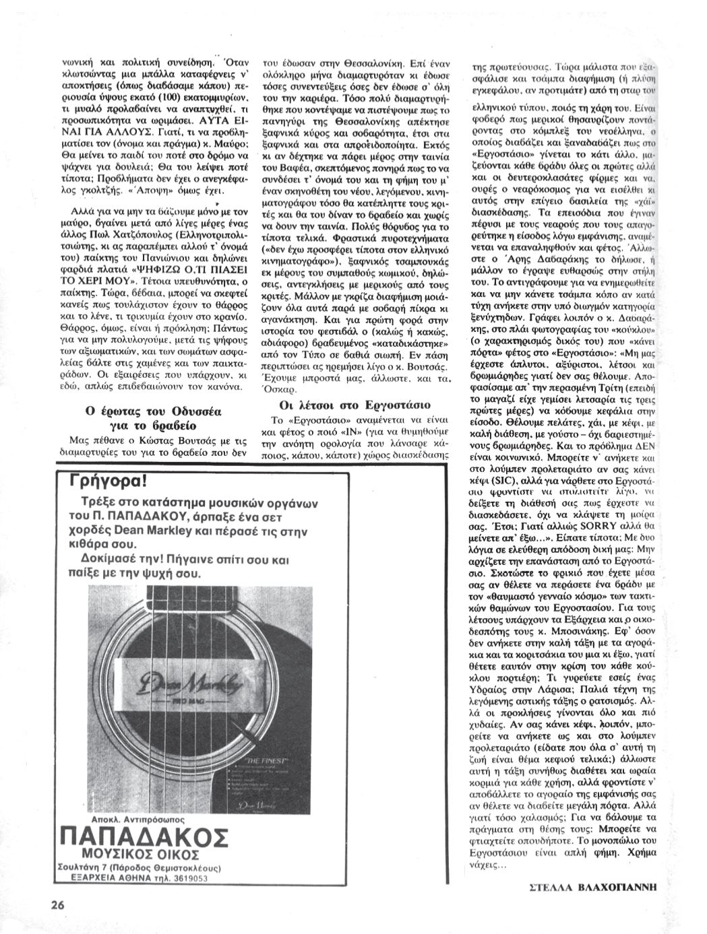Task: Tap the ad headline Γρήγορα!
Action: pos(108,483)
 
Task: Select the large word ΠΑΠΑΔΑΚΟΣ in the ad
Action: pos(144,837)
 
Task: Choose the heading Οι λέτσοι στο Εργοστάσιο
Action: pos(355,405)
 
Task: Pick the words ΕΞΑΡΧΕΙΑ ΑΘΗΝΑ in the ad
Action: pos(109,878)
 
